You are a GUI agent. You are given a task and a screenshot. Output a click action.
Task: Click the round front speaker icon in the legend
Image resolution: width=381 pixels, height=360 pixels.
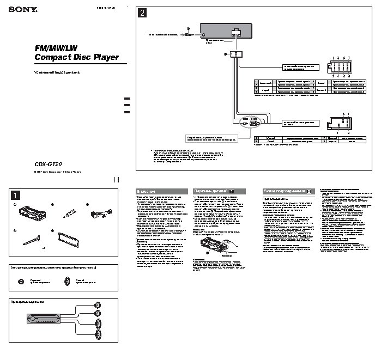[x=21, y=281]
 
